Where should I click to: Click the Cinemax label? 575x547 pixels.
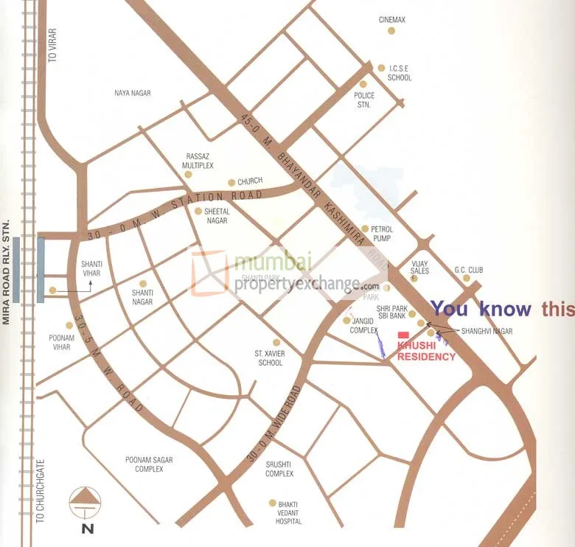391,20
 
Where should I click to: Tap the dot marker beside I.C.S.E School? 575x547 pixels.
381,68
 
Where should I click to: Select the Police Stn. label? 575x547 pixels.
364,100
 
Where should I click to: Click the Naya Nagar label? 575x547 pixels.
133,93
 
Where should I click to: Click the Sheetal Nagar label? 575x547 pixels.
217,216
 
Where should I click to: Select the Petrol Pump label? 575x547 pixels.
381,234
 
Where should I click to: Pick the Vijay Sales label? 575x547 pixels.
419,266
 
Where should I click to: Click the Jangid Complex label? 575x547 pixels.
364,325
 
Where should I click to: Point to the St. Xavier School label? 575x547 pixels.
269,358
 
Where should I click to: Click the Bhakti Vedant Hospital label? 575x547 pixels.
288,512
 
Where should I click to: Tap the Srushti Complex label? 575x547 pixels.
279,469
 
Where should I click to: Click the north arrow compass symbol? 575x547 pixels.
86,503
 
